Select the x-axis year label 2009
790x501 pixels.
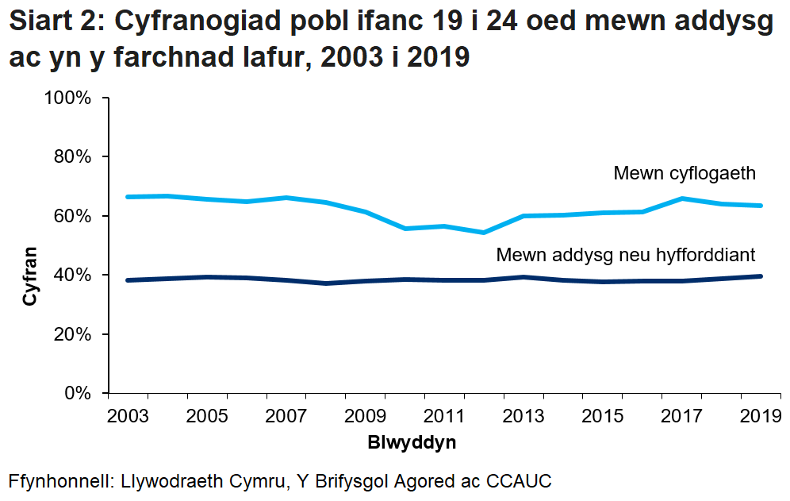365,416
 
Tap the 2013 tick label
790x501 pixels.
523,416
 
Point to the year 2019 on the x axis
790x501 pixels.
760,416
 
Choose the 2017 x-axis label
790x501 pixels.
681,416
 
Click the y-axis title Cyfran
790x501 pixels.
29,276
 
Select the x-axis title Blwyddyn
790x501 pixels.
412,442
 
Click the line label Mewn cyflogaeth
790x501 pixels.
685,173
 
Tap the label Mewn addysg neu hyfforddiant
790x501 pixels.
625,255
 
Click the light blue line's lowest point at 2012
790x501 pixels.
484,233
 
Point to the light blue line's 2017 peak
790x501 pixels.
681,198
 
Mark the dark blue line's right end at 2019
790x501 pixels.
761,276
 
